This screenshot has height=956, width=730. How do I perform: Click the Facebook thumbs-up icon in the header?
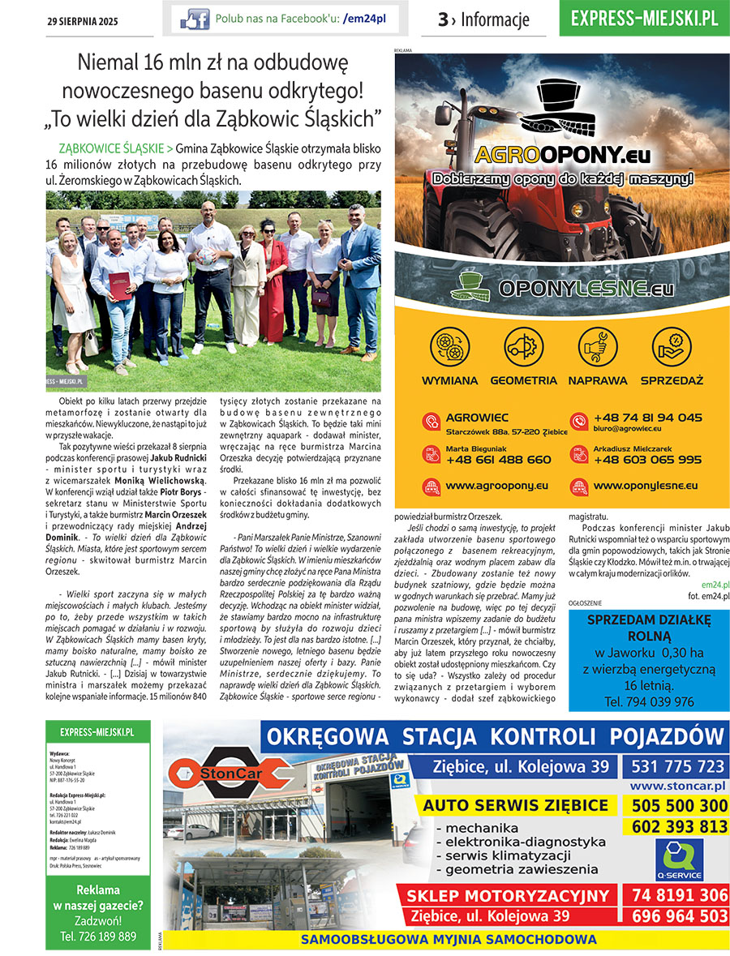pyautogui.click(x=195, y=19)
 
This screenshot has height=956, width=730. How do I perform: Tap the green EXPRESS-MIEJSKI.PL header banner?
pyautogui.click(x=644, y=19)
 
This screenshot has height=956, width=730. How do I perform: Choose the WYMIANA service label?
pyautogui.click(x=449, y=380)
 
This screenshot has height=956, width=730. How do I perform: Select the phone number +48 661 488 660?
pyautogui.click(x=498, y=459)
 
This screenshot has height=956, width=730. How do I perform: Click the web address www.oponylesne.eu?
pyautogui.click(x=646, y=486)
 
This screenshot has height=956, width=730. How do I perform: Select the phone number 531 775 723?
pyautogui.click(x=675, y=766)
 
